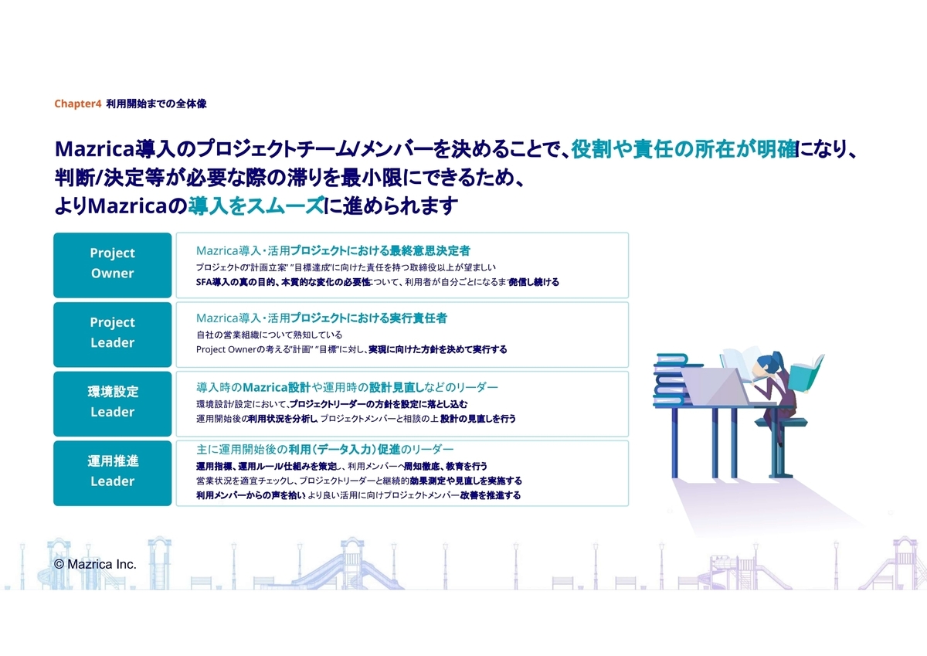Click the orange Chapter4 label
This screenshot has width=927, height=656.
pos(77,104)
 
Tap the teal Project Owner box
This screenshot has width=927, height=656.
pos(113,265)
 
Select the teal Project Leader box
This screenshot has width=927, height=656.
pos(113,335)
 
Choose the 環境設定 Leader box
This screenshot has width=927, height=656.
pos(113,404)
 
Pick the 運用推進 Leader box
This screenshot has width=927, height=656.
pos(113,473)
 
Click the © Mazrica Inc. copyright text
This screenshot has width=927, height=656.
pos(95,564)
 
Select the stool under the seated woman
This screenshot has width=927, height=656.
pos(780,447)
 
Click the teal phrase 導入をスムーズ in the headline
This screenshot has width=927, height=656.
pos(256,206)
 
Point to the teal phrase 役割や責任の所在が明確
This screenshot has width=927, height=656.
pos(685,149)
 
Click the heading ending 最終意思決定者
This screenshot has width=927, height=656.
pos(333,250)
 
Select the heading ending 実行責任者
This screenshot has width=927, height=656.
pos(321,318)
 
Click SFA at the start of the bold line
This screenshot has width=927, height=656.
pos(204,282)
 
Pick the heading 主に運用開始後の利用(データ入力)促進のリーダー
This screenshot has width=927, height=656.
pos(325,450)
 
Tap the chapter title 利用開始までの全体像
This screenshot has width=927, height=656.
pos(156,104)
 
